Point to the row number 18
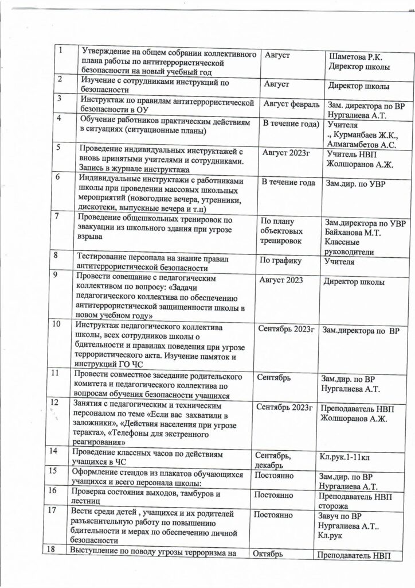click(x=52, y=552)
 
